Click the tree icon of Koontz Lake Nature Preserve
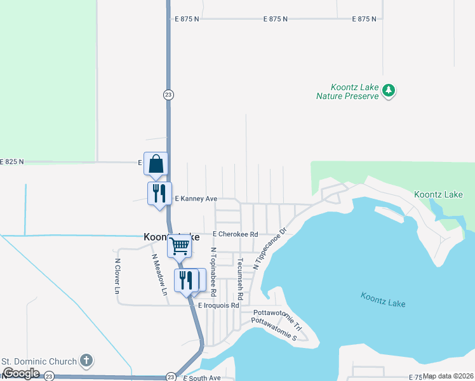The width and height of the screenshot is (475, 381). (389, 91)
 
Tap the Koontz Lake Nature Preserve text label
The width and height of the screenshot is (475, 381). (355, 91)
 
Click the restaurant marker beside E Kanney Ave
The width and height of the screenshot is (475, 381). (159, 192)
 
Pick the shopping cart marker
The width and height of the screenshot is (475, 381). (180, 246)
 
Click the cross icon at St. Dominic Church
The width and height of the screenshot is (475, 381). (86, 361)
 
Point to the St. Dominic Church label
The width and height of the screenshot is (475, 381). (39, 362)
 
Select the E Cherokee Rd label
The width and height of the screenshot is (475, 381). (236, 234)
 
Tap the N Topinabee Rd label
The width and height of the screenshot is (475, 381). (214, 272)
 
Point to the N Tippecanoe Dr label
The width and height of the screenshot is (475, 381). (271, 249)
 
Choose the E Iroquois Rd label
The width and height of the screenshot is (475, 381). (218, 305)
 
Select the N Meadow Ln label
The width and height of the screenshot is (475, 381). (159, 274)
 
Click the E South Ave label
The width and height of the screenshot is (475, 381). (201, 378)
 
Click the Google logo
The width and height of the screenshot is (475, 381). (21, 373)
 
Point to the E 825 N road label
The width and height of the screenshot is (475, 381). (12, 162)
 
